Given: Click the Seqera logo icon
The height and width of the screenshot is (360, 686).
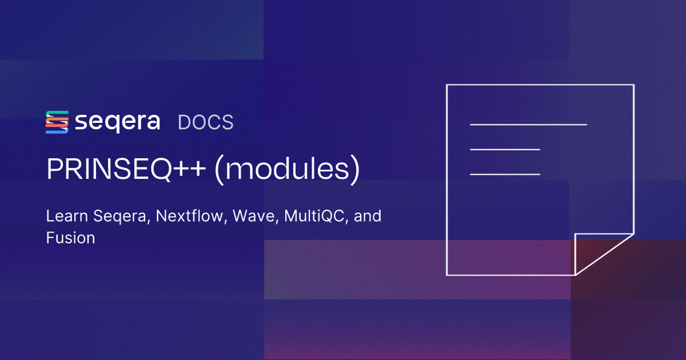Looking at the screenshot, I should (x=57, y=122).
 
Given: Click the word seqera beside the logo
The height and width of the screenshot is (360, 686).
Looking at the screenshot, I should (x=117, y=123).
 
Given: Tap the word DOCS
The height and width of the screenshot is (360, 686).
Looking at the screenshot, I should (x=205, y=122).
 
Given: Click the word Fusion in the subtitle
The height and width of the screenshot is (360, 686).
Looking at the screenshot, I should (x=70, y=238).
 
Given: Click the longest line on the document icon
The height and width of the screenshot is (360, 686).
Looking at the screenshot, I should (x=528, y=124).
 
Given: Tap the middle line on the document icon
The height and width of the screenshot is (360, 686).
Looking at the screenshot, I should (x=505, y=149).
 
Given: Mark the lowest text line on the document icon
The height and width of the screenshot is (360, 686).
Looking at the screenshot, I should (x=505, y=174).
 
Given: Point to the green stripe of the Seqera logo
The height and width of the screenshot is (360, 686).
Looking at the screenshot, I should (x=57, y=113).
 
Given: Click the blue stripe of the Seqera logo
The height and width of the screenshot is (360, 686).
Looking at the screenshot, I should (x=57, y=131).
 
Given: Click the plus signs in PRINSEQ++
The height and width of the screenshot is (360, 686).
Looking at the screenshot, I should (x=194, y=170).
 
